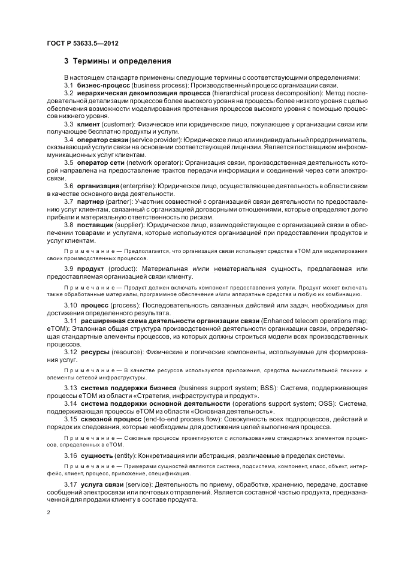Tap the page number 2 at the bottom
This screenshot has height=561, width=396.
48,513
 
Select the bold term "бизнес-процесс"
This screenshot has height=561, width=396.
99,86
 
